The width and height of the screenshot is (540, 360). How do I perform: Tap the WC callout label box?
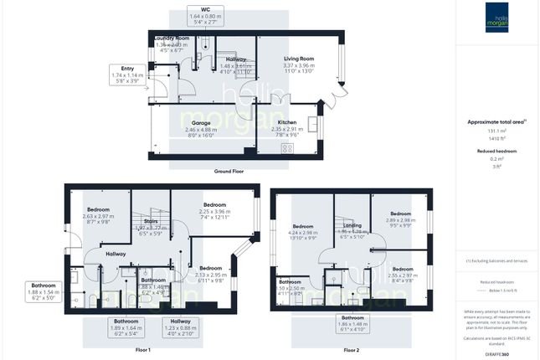click(205, 16)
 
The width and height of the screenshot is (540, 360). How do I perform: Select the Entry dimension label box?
click(126, 75)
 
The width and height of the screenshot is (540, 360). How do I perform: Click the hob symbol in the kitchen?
click(287, 148)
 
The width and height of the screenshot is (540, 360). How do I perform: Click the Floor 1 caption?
click(142, 349)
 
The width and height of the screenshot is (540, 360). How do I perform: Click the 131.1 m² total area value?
click(497, 131)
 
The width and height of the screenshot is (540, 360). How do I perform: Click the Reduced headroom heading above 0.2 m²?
click(497, 152)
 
